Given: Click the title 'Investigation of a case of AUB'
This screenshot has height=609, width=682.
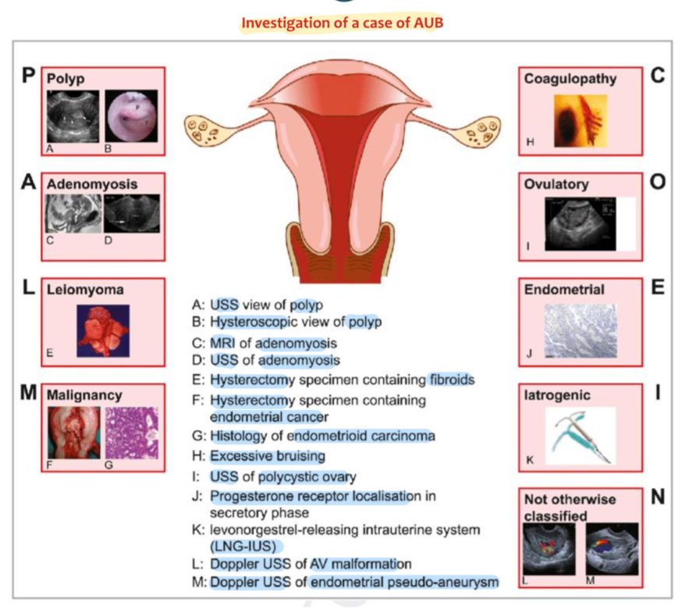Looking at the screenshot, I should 342,23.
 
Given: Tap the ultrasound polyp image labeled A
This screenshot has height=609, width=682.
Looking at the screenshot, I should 73,115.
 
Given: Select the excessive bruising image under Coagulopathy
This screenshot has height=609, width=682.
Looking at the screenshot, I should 581,121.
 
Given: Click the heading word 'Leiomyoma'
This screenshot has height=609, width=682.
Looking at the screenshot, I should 85,290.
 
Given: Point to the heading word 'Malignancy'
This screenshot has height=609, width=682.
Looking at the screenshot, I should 84,395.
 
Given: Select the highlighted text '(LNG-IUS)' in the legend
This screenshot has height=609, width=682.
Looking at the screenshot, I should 247,547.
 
